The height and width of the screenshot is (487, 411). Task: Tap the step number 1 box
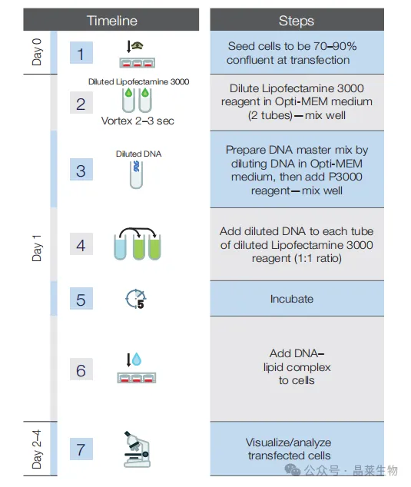coord(81,53)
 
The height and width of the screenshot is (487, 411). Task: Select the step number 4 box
coord(81,243)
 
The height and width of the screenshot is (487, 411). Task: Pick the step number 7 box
coord(81,449)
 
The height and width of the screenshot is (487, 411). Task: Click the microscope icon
coord(137,449)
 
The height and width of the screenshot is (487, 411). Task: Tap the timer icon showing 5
coord(136,299)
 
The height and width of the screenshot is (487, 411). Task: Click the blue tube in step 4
coord(120,247)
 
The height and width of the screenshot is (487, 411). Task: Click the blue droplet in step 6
coord(137,359)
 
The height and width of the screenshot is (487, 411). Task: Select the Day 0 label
coord(37,52)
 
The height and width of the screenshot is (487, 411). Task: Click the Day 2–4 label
coord(37,449)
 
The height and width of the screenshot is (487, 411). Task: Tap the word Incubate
coord(292,299)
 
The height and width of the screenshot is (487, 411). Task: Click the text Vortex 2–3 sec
coord(138,121)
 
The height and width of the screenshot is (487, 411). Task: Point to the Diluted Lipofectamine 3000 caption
coord(138,81)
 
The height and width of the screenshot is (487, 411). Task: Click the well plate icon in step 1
coord(138,63)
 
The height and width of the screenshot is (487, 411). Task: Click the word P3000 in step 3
coord(345,177)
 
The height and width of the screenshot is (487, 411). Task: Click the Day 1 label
coord(37,248)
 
